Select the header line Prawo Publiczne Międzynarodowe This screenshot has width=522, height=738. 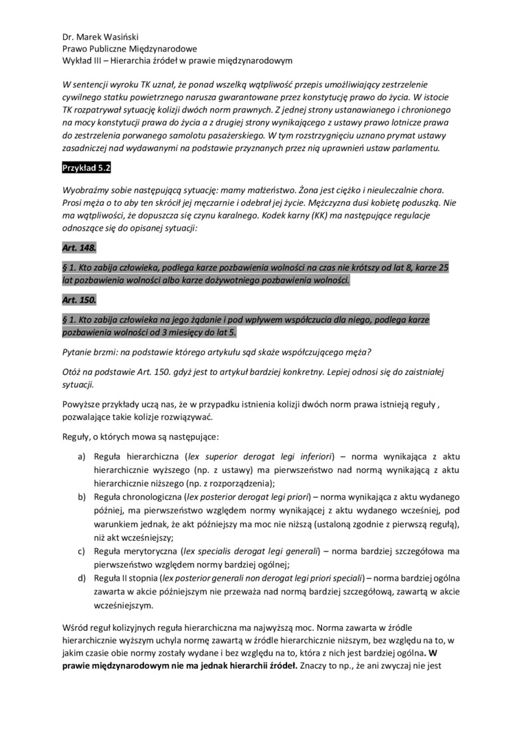pyautogui.click(x=129, y=49)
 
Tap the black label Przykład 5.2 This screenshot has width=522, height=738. pyautogui.click(x=86, y=168)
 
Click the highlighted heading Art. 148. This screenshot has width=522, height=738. pyautogui.click(x=79, y=247)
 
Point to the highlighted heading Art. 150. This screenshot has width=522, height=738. pyautogui.click(x=79, y=300)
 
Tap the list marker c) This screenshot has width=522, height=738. pyautogui.click(x=81, y=551)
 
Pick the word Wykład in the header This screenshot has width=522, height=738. pyautogui.click(x=78, y=60)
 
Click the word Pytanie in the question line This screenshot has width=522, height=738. pyautogui.click(x=80, y=353)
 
